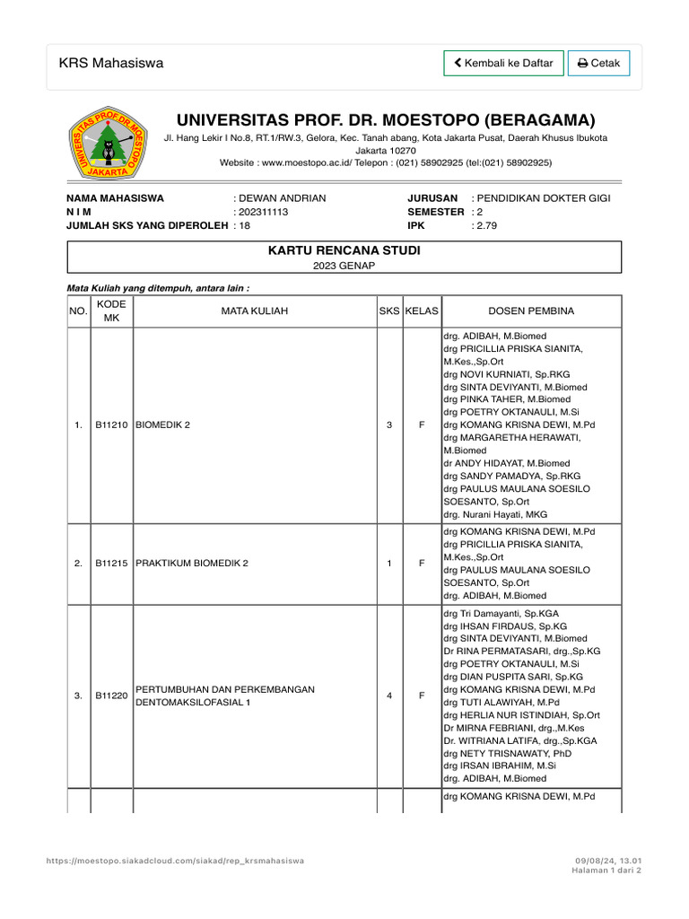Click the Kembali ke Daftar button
pos(503,63)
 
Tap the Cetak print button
pos(598,63)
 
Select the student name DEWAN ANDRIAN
pos(282,198)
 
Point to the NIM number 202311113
pos(263,212)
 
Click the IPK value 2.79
pos(485,226)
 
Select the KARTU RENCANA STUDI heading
pos(344,250)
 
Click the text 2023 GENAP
pos(344,266)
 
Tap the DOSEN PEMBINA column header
pos(531,311)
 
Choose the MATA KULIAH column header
pos(255,311)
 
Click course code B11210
pos(112,425)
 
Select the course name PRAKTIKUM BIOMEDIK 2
pos(191,564)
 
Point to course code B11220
pos(112,696)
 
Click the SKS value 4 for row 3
pos(388,696)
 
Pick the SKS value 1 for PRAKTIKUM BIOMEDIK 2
pos(388,564)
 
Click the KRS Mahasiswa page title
pos(111,63)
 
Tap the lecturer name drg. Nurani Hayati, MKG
pos(493,514)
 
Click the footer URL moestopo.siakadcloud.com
pos(175,861)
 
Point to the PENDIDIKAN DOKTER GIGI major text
pos(544,198)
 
